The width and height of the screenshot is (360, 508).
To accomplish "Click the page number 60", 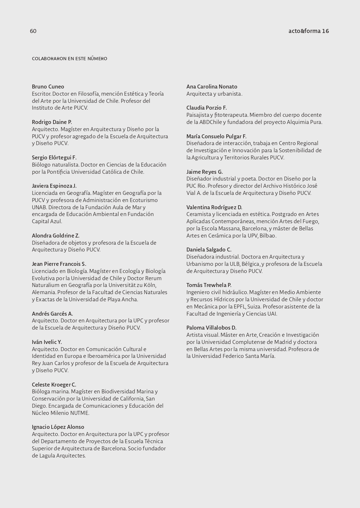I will [33, 31].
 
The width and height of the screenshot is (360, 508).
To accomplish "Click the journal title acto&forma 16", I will [308, 31].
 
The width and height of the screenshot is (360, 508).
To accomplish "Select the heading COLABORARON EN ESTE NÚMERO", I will [70, 59].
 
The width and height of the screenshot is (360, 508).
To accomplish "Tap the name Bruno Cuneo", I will [48, 87].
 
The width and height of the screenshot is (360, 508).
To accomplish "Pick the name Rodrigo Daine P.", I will [52, 122].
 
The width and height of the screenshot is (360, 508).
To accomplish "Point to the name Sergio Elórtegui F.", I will [54, 158].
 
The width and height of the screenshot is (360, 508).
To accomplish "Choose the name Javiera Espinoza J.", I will [54, 186].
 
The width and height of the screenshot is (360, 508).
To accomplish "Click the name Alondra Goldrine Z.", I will [56, 236].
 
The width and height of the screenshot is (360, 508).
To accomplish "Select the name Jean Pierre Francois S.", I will [59, 264].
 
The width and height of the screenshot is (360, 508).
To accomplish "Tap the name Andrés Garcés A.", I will [52, 314].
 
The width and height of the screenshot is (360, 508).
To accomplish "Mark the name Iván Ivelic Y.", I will [47, 342].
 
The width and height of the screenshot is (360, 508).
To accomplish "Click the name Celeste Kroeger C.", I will [54, 385].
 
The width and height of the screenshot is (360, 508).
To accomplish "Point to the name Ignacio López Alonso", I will [58, 427].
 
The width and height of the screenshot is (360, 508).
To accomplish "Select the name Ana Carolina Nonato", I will [212, 87].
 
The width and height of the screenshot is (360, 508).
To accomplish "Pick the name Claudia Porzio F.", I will [207, 108].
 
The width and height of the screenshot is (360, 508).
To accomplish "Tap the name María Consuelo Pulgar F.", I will [216, 136].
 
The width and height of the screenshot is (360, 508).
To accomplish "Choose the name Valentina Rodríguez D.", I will [214, 207].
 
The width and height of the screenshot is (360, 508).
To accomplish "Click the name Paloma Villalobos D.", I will [211, 328].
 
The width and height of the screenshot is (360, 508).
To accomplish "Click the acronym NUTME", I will [79, 413].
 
